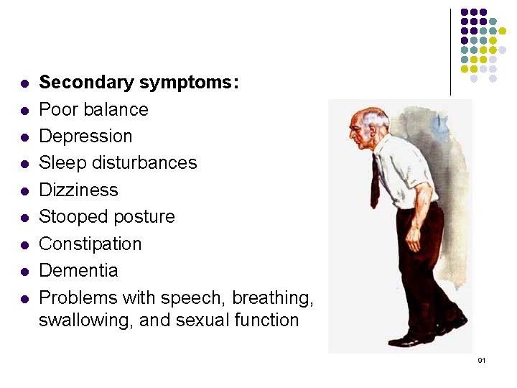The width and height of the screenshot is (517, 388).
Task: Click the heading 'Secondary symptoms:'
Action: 139,83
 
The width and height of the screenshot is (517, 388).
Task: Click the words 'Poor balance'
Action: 93,109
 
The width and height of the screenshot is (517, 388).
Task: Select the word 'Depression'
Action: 85,137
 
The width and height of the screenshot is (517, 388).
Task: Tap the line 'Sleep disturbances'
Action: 117,163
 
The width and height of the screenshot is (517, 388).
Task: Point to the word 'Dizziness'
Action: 78,190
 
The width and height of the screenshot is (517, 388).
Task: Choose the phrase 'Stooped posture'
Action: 106,217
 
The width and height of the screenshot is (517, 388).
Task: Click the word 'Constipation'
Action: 90,244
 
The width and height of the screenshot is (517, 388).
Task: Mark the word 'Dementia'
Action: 78,271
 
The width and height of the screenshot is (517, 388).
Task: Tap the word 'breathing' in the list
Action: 274,297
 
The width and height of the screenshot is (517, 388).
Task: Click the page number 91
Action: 482,359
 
